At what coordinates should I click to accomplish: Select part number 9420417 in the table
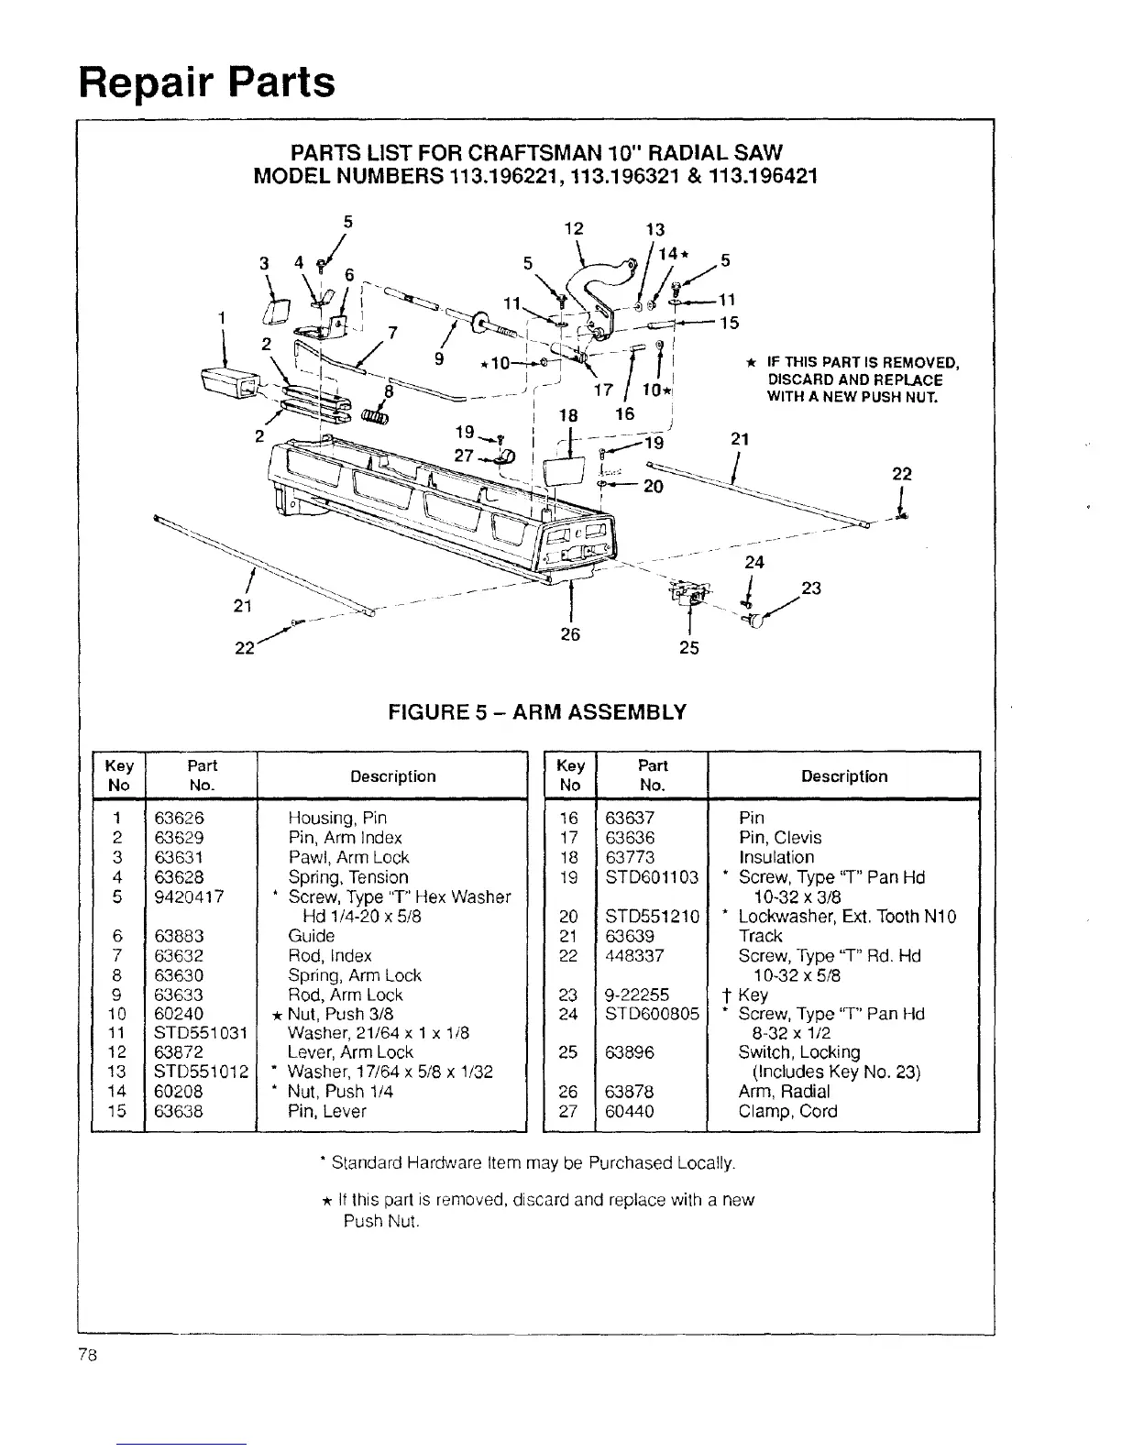tap(189, 896)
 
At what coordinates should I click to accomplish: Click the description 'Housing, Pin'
tap(337, 818)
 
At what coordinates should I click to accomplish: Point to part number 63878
tap(628, 1092)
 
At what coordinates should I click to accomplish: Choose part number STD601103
tap(652, 877)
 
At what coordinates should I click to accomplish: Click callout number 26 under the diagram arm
tap(570, 634)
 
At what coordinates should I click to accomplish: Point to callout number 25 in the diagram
tap(688, 648)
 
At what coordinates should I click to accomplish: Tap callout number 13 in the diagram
tap(654, 229)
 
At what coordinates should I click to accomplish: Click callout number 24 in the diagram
tap(754, 561)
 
